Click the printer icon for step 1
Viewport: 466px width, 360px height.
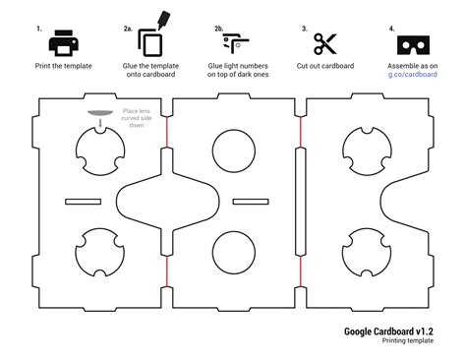pos(63,42)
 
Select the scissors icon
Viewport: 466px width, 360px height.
pos(325,43)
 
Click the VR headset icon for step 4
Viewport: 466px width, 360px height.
pos(411,43)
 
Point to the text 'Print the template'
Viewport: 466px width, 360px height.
pos(64,66)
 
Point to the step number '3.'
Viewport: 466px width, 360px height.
pos(305,30)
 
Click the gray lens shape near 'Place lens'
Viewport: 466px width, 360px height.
pos(102,113)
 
